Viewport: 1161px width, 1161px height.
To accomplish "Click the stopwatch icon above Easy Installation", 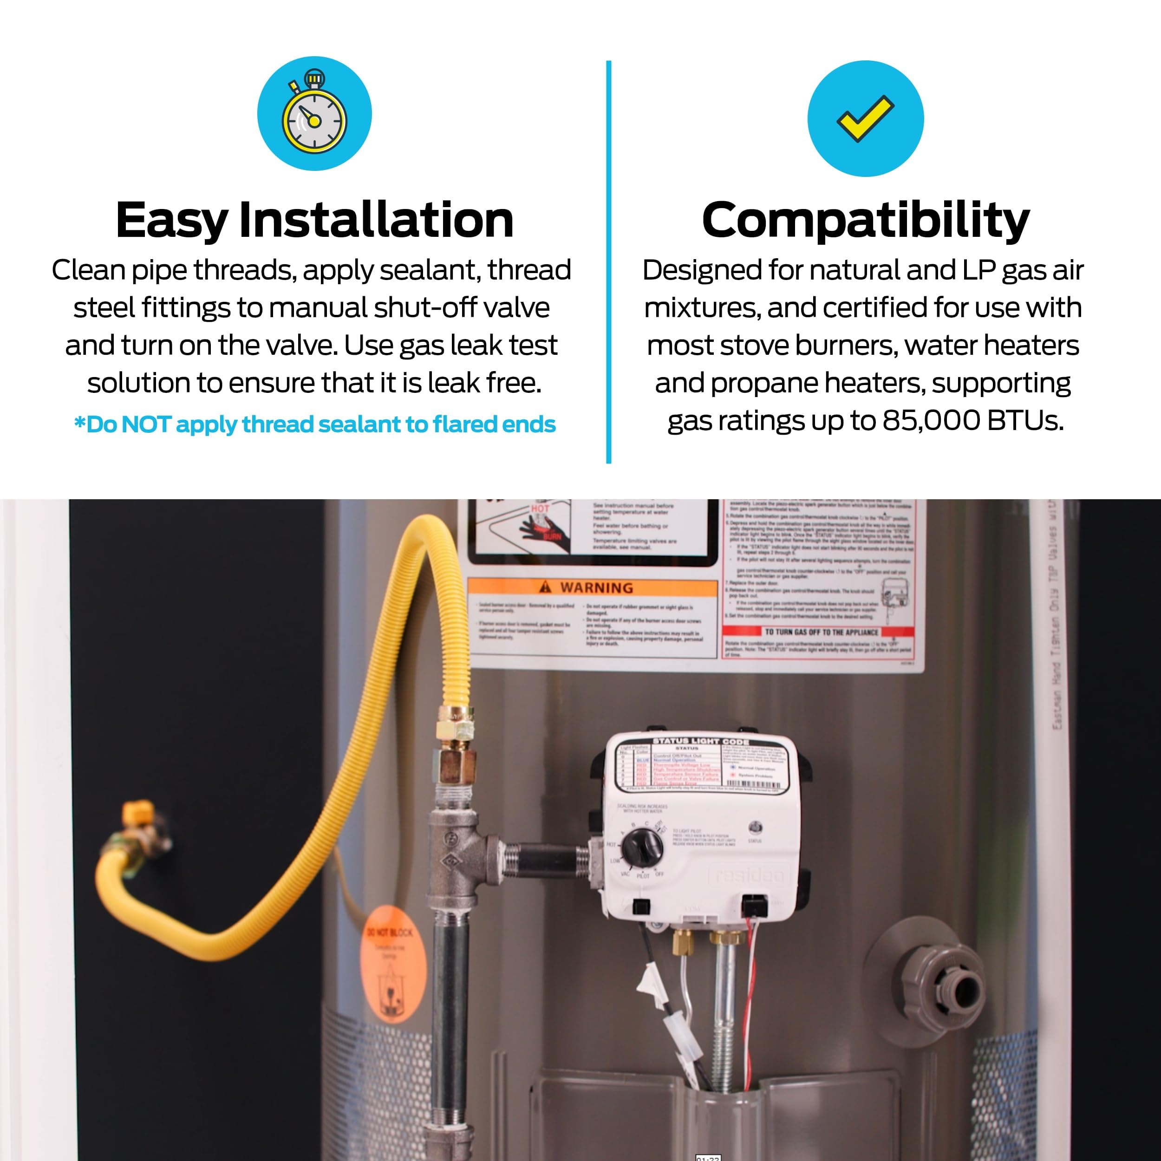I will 314,114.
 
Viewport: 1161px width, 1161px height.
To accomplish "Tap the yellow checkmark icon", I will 865,118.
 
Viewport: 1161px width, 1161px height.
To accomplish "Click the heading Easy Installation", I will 314,220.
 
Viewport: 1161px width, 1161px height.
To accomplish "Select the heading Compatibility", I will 865,220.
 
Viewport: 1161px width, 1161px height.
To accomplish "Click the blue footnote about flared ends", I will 314,425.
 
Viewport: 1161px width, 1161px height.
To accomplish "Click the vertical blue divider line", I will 608,262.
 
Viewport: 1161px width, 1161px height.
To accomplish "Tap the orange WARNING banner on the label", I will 592,587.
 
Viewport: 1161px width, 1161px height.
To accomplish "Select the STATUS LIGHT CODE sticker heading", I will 701,742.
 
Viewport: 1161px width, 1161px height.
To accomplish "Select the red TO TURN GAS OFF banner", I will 820,632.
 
